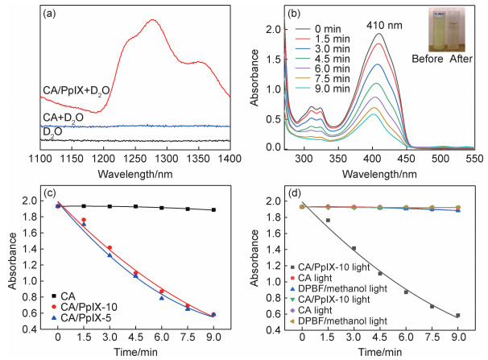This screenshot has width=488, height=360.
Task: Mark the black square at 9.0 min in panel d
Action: (458, 315)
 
